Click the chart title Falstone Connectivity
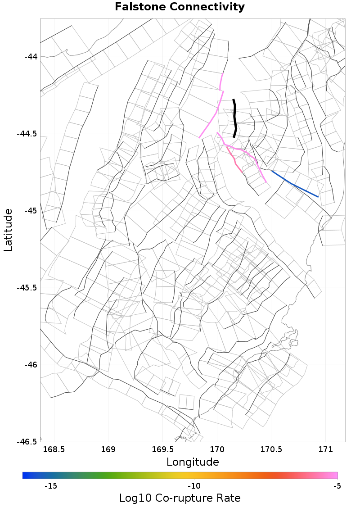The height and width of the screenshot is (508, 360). click(180, 7)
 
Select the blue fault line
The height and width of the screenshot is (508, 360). click(295, 184)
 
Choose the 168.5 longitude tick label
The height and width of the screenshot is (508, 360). click(54, 449)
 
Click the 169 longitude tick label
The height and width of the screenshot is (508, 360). click(108, 449)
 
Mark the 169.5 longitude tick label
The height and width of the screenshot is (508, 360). click(162, 449)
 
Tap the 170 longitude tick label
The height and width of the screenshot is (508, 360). click(217, 449)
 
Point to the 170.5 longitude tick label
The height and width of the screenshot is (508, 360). click(271, 449)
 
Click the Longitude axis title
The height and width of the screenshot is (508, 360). click(193, 462)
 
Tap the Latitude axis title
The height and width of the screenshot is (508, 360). click(9, 230)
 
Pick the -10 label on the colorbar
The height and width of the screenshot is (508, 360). click(194, 486)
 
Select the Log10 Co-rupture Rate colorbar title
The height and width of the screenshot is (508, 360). click(180, 498)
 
